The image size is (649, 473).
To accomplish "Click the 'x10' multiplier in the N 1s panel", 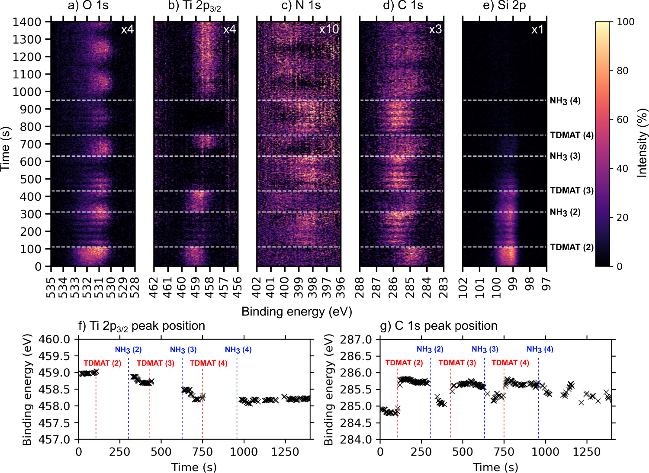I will pyautogui.click(x=329, y=29).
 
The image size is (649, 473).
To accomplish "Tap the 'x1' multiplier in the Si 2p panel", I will pyautogui.click(x=537, y=29).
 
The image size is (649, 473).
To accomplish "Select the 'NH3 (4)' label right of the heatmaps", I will pyautogui.click(x=565, y=101).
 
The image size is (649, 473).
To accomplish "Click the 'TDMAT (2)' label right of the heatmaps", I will pyautogui.click(x=572, y=247).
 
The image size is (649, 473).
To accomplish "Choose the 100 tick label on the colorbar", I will pyautogui.click(x=625, y=22).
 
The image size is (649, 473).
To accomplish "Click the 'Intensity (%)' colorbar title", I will pyautogui.click(x=643, y=143).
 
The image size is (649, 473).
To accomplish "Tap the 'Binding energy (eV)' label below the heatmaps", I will pyautogui.click(x=296, y=312).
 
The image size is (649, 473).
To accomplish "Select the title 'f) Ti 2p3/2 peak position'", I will pyautogui.click(x=141, y=326).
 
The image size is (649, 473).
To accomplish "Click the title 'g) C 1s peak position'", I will pyautogui.click(x=439, y=326).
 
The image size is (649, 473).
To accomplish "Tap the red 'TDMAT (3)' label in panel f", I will pyautogui.click(x=155, y=363).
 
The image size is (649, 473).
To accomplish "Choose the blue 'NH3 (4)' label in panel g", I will pyautogui.click(x=540, y=349).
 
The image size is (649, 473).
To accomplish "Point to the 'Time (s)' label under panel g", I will pyautogui.click(x=495, y=467).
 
